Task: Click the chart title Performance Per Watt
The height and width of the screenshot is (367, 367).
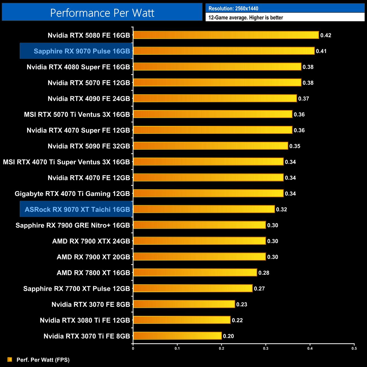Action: (x=102, y=13)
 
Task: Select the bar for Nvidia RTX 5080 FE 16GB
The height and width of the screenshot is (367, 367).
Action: (x=226, y=35)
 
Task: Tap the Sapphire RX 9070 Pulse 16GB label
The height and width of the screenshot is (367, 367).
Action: (x=82, y=51)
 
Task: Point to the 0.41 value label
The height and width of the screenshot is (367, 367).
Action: (x=321, y=51)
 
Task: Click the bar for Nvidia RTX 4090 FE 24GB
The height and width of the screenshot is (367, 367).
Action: (x=215, y=98)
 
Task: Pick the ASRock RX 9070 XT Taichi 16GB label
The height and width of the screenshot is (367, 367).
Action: (x=77, y=209)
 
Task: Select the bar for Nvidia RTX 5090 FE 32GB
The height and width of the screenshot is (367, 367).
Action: (x=210, y=146)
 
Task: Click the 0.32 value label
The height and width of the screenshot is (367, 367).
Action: (x=281, y=209)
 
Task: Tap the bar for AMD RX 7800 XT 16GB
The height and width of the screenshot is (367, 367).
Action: (x=195, y=272)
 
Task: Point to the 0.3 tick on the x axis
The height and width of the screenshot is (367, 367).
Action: (x=266, y=348)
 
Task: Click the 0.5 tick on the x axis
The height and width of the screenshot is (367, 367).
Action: (x=354, y=348)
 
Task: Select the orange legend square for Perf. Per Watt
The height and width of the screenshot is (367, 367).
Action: (x=10, y=359)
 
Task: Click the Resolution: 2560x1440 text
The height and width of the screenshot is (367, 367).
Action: (x=233, y=8)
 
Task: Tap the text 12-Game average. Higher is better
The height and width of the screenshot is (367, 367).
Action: (x=246, y=18)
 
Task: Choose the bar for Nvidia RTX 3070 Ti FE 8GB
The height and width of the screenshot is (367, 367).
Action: (x=177, y=336)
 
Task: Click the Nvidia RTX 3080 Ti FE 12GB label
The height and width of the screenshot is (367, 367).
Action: (x=85, y=320)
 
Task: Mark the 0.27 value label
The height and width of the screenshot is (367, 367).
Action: (x=259, y=289)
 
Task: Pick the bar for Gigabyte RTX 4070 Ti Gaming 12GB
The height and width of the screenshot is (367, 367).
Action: (x=208, y=193)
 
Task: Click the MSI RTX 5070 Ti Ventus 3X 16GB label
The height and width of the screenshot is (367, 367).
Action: (x=77, y=114)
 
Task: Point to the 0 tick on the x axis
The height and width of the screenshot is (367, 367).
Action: (x=133, y=348)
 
